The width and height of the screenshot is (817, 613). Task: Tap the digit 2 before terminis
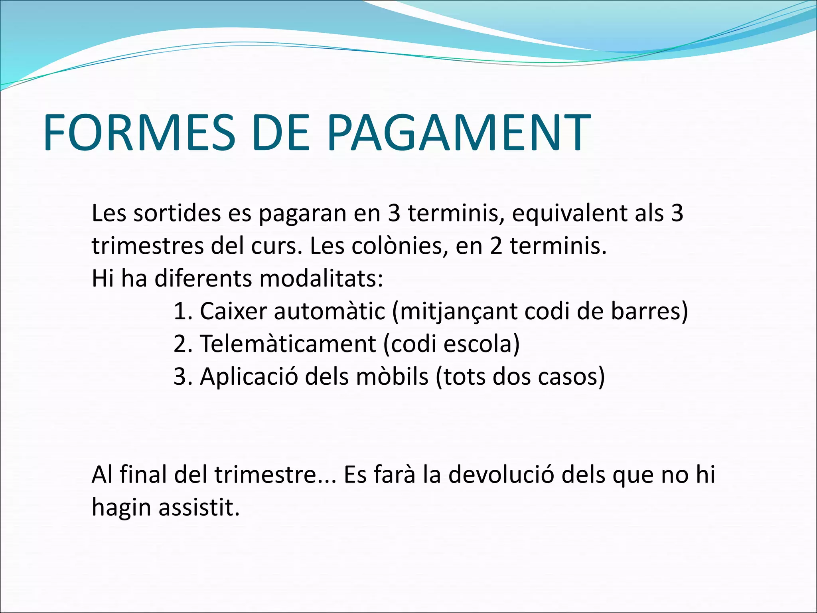pyautogui.click(x=496, y=246)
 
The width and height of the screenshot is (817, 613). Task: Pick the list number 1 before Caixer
pyautogui.click(x=182, y=311)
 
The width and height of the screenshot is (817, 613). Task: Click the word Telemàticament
pyautogui.click(x=288, y=344)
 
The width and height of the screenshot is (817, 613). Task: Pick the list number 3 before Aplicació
pyautogui.click(x=182, y=377)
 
